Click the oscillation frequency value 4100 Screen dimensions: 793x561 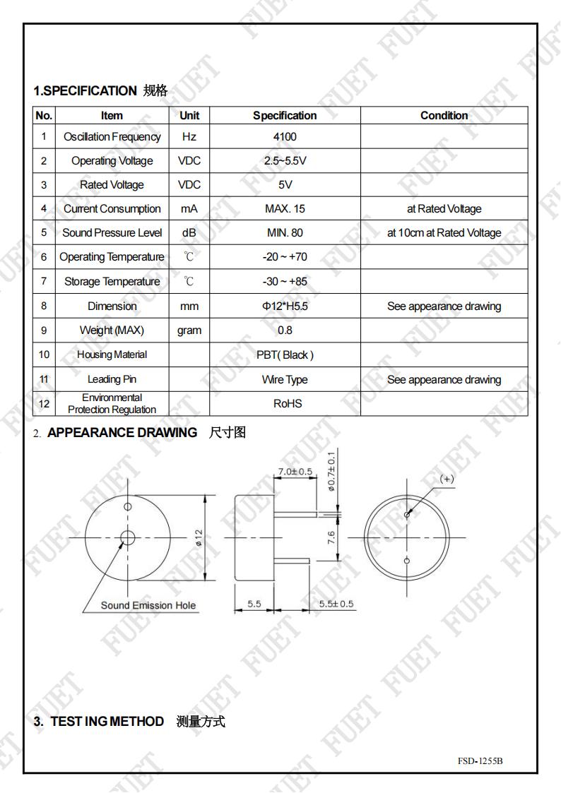click(x=285, y=137)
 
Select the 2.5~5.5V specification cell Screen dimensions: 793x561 click(x=285, y=161)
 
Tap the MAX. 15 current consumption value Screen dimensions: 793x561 click(x=285, y=209)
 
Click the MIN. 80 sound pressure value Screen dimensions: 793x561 click(x=285, y=233)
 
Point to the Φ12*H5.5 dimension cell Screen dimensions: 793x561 click(x=285, y=306)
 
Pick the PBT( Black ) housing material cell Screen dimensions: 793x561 click(x=285, y=355)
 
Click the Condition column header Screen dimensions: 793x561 click(x=444, y=116)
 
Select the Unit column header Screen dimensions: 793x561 click(x=189, y=116)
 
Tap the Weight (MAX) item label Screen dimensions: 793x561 click(x=112, y=330)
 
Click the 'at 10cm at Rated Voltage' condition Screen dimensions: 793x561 click(x=444, y=233)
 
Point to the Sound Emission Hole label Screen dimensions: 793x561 click(x=148, y=605)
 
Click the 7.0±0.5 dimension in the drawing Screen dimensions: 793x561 click(x=295, y=471)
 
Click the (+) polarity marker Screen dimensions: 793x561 click(x=447, y=479)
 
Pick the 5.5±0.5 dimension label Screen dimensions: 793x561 click(x=336, y=604)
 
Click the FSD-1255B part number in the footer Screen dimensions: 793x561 click(x=480, y=761)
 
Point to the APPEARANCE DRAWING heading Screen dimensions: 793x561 click(x=122, y=433)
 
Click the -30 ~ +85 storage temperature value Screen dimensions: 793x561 click(x=285, y=282)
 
